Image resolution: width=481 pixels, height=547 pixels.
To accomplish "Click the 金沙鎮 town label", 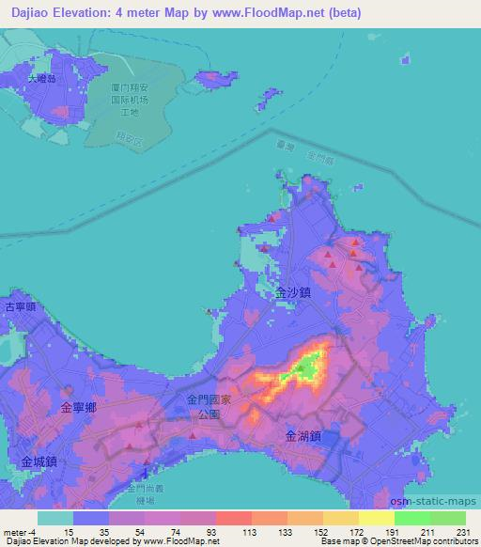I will click(x=293, y=292).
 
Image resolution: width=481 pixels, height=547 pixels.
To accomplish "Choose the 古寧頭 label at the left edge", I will click(x=18, y=307).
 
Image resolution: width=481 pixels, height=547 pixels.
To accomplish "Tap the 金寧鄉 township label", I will click(x=78, y=407).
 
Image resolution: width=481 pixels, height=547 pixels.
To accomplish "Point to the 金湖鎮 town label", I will click(x=303, y=435).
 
